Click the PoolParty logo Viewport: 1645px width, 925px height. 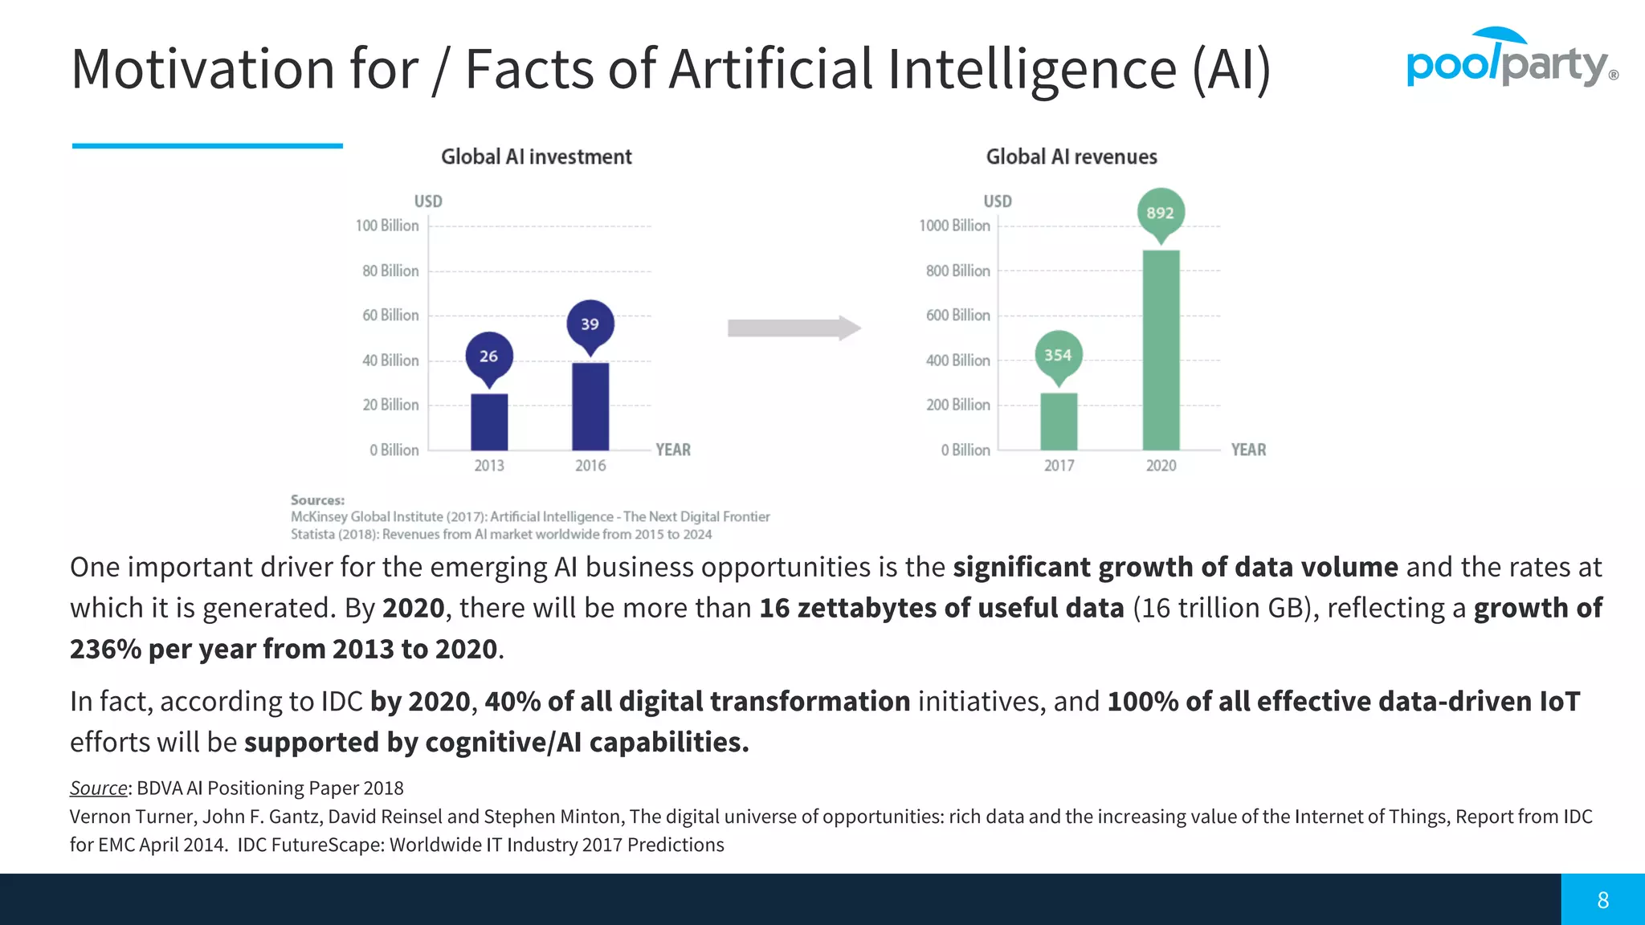coord(1510,60)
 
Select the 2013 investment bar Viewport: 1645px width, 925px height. coord(489,422)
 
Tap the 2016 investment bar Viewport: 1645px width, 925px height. coord(590,406)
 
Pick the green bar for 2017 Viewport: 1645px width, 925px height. coord(1059,422)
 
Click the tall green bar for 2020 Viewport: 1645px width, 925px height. coord(1161,350)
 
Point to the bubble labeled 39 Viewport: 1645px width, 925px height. coord(590,324)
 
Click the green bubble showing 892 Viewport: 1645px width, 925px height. coord(1161,213)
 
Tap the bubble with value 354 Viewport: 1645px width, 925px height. coord(1058,355)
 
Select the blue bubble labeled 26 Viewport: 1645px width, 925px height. coord(489,356)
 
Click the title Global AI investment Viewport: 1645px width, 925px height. coord(537,157)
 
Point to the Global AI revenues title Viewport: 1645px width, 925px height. coord(1071,157)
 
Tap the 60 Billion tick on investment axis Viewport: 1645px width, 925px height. coord(390,316)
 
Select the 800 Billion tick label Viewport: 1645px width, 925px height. coord(957,271)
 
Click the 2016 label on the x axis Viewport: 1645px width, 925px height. coord(590,466)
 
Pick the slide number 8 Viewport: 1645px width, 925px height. coord(1603,900)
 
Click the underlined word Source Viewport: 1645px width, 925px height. coord(99,788)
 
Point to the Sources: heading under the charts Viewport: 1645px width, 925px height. coord(317,500)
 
